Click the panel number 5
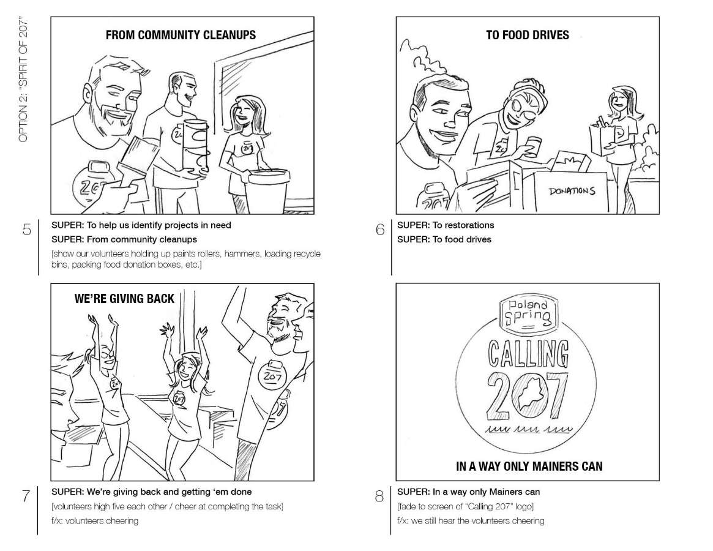pyautogui.click(x=27, y=230)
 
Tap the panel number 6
pyautogui.click(x=380, y=230)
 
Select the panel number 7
pyautogui.click(x=26, y=495)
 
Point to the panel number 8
pyautogui.click(x=379, y=496)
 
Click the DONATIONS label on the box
pyautogui.click(x=572, y=191)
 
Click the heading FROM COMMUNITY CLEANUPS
pyautogui.click(x=181, y=35)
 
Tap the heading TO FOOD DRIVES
pyautogui.click(x=528, y=35)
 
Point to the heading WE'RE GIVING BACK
pyautogui.click(x=124, y=299)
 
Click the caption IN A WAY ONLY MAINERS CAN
pyautogui.click(x=529, y=467)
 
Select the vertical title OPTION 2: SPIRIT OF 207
pyautogui.click(x=23, y=81)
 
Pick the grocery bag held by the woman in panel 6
pyautogui.click(x=602, y=137)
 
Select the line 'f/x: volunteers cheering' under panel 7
pyautogui.click(x=95, y=520)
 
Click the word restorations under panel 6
pyautogui.click(x=469, y=225)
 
